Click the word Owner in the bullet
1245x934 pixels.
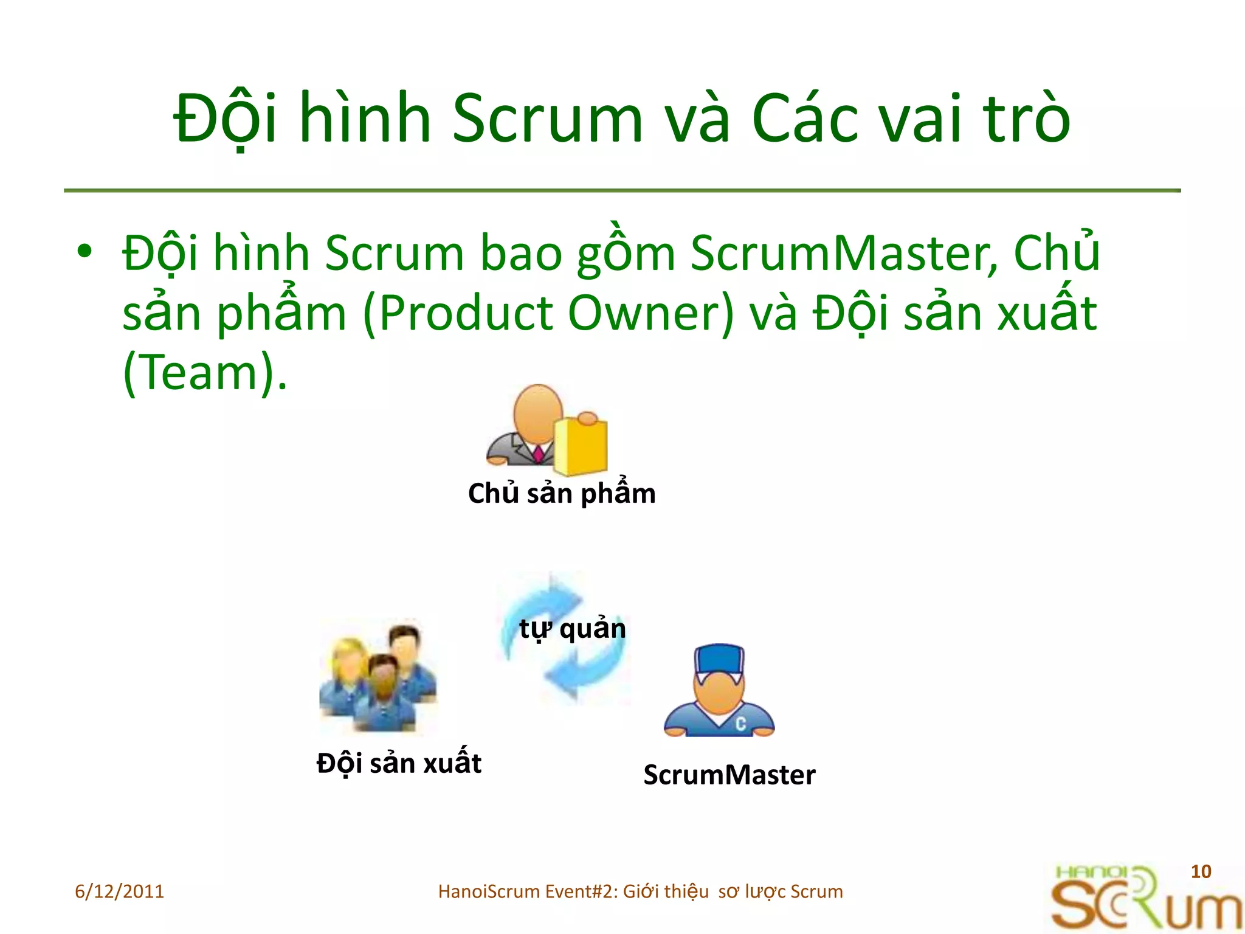(651, 314)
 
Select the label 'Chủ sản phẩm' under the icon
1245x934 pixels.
(562, 493)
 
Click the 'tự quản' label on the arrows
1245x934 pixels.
(572, 629)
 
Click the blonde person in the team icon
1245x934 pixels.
(345, 669)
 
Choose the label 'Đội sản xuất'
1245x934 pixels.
(399, 763)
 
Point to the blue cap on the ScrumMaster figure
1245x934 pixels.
(720, 659)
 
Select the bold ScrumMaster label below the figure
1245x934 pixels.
(729, 775)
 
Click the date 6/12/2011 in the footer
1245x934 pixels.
(120, 891)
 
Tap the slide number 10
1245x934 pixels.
(1201, 871)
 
